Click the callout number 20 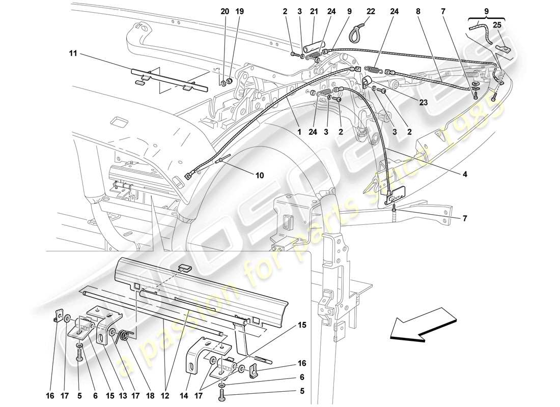tap(225, 11)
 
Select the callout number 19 tap(240, 11)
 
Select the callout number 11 tap(72, 52)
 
